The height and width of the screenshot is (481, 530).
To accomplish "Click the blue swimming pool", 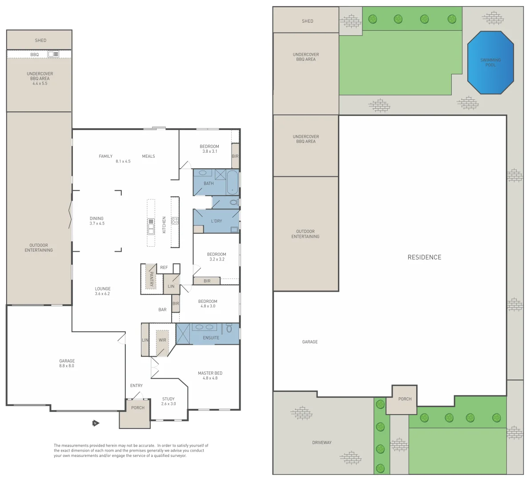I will (490, 63).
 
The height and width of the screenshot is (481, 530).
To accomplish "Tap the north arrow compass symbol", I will (95, 423).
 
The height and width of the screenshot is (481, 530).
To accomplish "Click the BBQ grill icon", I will (53, 54).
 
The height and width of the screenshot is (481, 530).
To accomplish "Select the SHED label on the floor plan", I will (40, 41).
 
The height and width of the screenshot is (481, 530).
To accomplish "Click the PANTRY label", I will (152, 279).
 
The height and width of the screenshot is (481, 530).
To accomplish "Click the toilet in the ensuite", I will (229, 329).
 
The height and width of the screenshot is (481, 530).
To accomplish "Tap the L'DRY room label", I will (217, 221).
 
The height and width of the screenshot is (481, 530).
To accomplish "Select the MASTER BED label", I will (210, 373).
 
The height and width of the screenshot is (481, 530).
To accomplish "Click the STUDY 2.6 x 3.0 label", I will (169, 401).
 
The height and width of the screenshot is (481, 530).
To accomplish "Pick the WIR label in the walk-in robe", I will (162, 340).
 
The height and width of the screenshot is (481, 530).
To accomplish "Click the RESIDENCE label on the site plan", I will (424, 257).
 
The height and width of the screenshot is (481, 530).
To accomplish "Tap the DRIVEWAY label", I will (321, 443).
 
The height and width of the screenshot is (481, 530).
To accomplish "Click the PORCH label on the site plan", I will (405, 399).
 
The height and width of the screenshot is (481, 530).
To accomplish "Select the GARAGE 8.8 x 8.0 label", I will (67, 363).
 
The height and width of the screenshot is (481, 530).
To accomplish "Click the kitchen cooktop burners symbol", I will (175, 220).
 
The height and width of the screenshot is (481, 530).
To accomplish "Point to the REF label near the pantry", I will (164, 268).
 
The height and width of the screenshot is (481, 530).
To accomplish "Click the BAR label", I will (162, 310).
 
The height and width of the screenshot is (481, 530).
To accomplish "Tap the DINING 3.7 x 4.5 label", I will (96, 221).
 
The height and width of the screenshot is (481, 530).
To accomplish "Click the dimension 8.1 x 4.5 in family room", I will (123, 161).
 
